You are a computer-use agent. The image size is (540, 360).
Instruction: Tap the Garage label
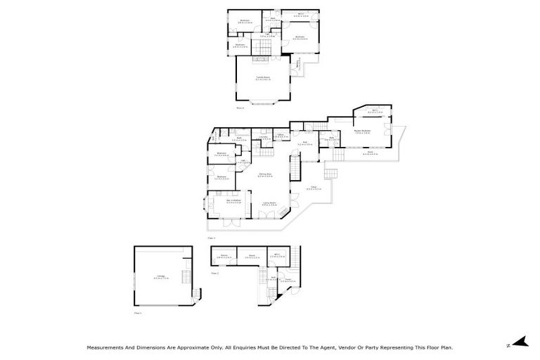162,277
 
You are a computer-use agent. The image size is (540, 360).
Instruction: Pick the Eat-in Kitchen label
221,202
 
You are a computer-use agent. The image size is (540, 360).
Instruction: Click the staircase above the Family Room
262,48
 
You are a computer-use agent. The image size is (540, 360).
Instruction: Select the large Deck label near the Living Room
314,188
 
